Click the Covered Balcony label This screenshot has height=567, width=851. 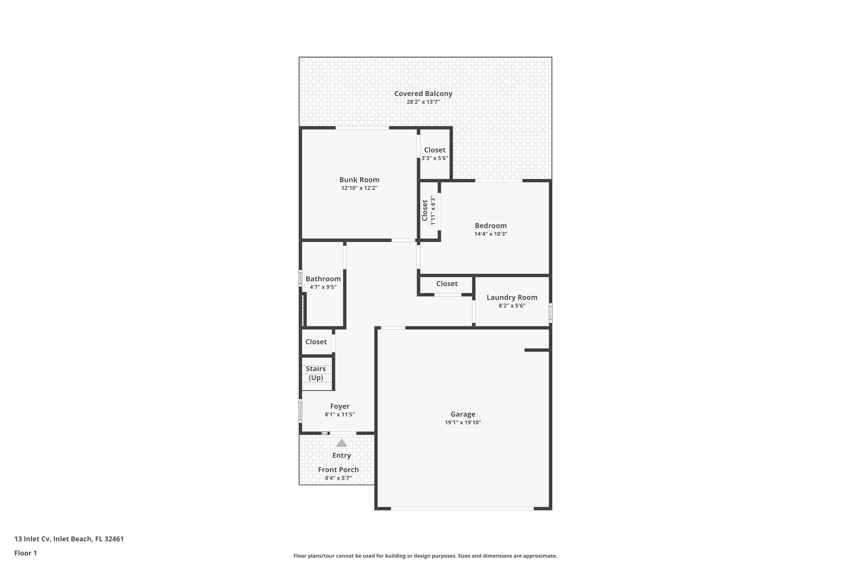[x=423, y=94]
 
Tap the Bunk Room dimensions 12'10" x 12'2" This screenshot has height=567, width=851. [x=359, y=188]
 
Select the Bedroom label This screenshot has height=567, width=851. [x=491, y=226]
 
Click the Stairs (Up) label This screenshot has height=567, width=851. [x=316, y=373]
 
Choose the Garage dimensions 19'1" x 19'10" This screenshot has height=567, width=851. [x=463, y=422]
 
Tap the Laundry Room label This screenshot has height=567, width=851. [x=512, y=297]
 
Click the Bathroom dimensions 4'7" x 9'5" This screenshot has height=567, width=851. [x=323, y=287]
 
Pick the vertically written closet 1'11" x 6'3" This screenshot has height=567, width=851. [x=428, y=210]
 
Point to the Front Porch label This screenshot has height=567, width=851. [x=338, y=470]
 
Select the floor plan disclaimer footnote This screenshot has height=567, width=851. [x=425, y=556]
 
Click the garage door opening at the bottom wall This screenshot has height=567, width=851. [x=462, y=508]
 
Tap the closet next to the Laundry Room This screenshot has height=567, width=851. [x=447, y=284]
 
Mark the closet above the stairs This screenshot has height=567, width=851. [x=316, y=342]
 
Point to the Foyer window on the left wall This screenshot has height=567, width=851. [x=300, y=411]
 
